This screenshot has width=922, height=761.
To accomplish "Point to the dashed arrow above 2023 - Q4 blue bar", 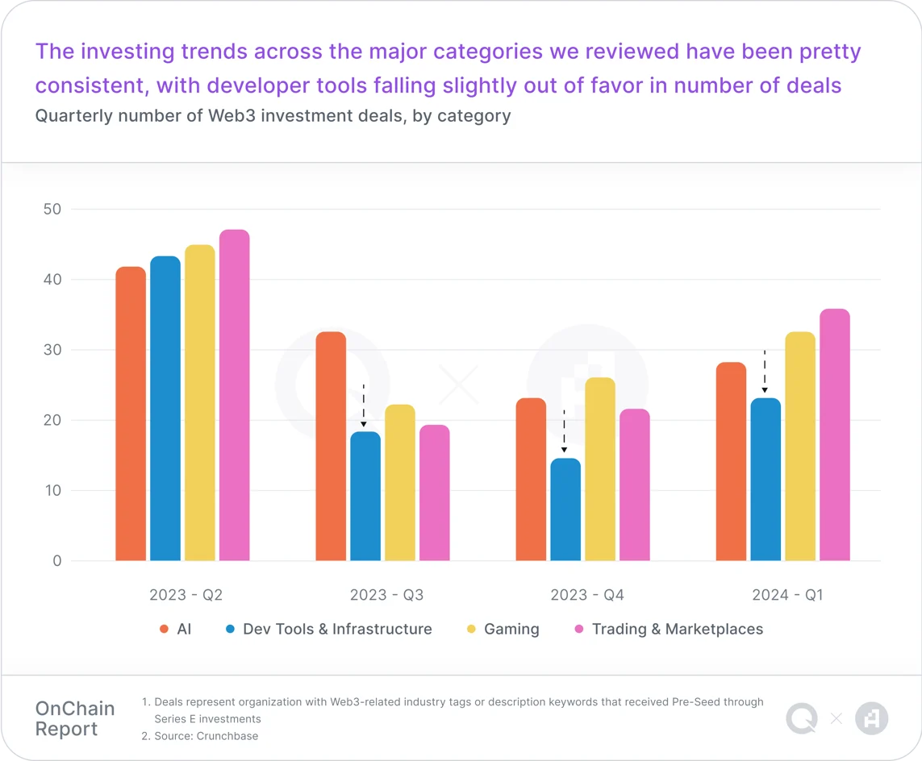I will point(564,431).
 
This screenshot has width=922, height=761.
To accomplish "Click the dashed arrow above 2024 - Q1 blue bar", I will point(765,372).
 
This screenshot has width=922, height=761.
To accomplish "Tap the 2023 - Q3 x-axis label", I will point(386,595).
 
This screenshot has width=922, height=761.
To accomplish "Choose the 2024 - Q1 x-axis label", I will point(787,595).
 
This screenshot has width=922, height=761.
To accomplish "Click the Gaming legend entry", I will point(511,629).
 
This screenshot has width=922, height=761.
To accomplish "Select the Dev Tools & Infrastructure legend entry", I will point(336,629).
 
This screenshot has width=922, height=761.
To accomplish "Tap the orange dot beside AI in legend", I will point(165,630).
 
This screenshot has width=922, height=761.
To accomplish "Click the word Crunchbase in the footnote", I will point(229,735).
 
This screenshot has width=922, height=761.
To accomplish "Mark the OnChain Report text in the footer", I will point(75,718).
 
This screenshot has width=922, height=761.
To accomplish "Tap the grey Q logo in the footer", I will point(801,718).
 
